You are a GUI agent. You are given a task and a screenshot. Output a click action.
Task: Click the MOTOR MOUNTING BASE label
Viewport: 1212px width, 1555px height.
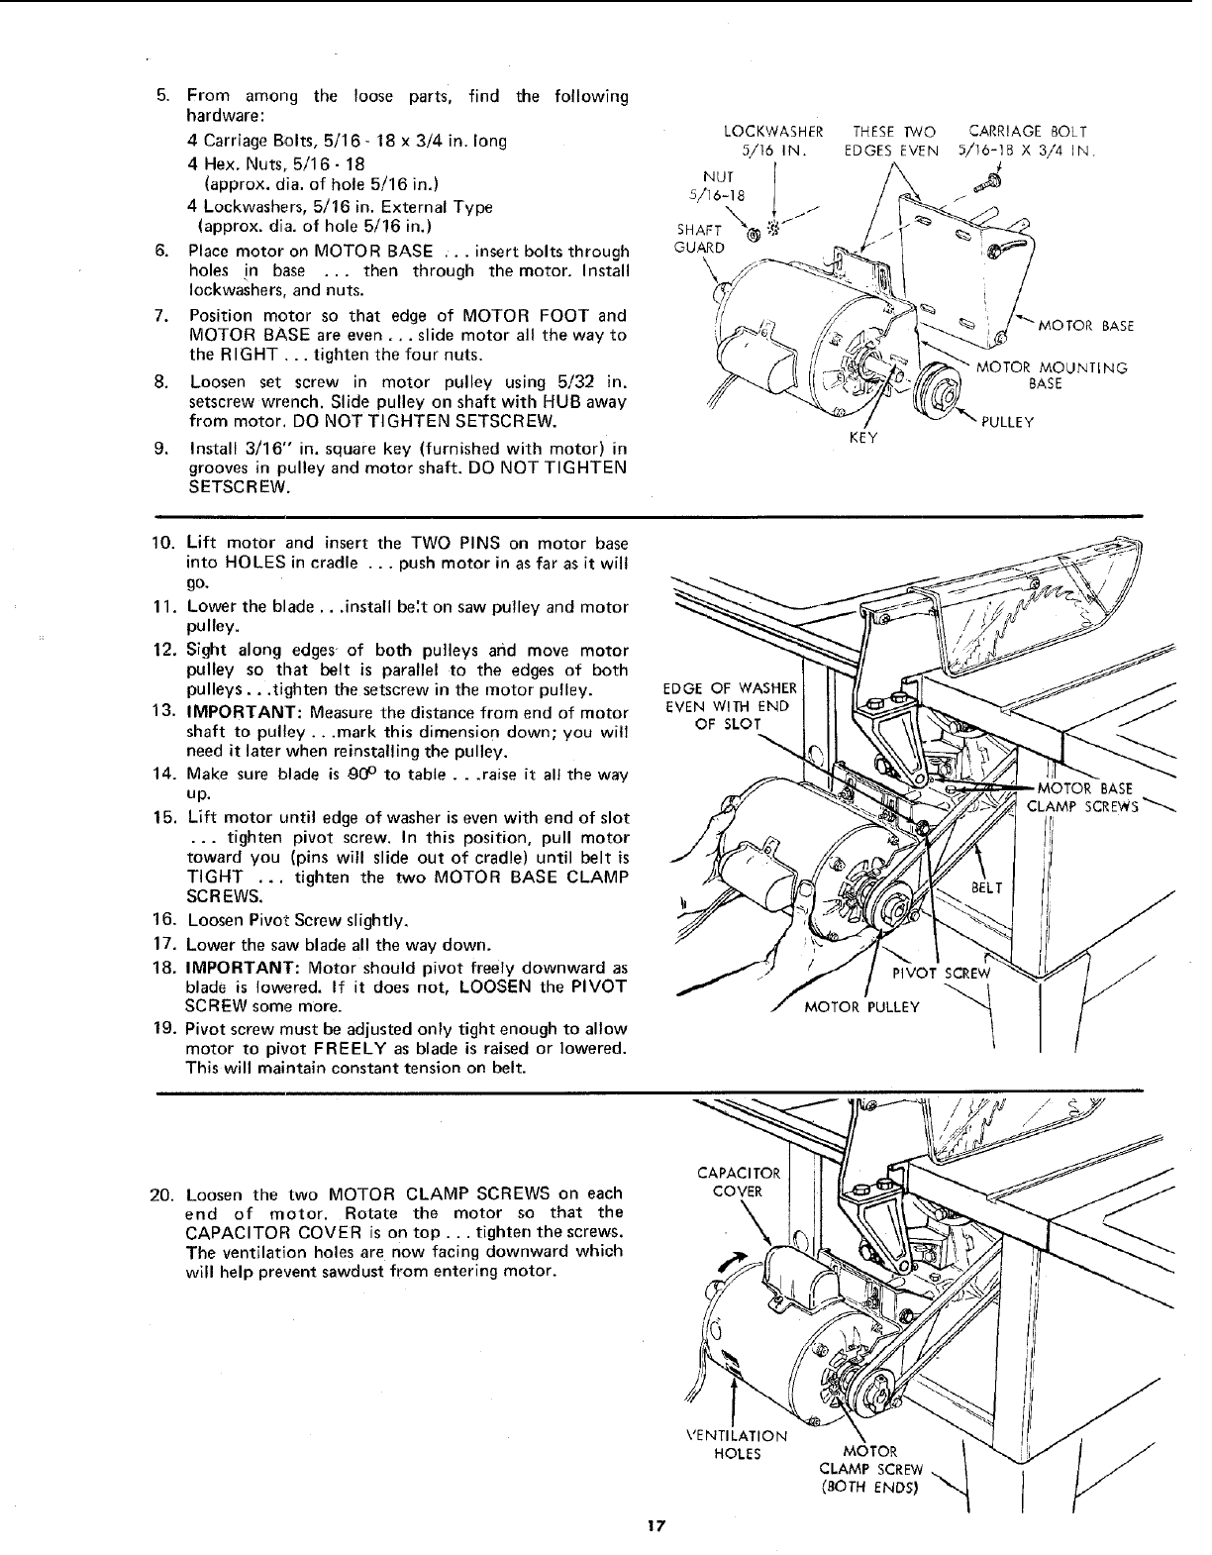click(x=1052, y=375)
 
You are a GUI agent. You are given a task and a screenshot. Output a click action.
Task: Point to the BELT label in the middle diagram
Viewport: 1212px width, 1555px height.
click(x=986, y=888)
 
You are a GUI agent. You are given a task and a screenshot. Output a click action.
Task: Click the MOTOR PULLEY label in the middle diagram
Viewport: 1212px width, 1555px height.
click(x=862, y=1007)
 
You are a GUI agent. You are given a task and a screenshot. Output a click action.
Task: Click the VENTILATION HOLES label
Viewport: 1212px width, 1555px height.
click(x=737, y=1444)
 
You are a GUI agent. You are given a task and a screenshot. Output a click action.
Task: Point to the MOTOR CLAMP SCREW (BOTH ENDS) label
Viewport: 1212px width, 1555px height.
click(x=871, y=1469)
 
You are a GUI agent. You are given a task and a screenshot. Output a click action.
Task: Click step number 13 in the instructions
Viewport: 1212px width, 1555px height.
click(x=164, y=713)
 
